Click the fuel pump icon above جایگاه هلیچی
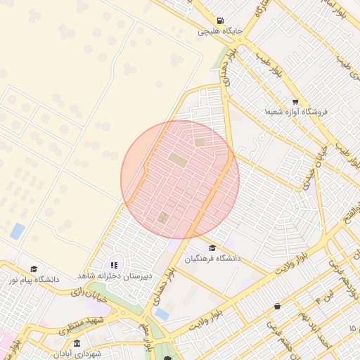pyautogui.click(x=221, y=20)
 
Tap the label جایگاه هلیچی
pyautogui.click(x=221, y=32)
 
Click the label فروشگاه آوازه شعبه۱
pyautogui.click(x=296, y=112)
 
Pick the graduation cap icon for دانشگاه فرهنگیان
pyautogui.click(x=212, y=247)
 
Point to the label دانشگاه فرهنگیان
pyautogui.click(x=212, y=259)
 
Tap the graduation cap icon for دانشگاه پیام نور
pyautogui.click(x=33, y=269)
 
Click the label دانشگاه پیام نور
pyautogui.click(x=33, y=280)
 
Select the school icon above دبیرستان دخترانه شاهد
pyautogui.click(x=114, y=265)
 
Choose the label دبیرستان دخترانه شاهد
pyautogui.click(x=112, y=276)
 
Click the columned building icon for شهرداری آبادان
pyautogui.click(x=77, y=342)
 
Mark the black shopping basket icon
pyautogui.click(x=278, y=306)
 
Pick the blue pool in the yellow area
pyautogui.click(x=17, y=231)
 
